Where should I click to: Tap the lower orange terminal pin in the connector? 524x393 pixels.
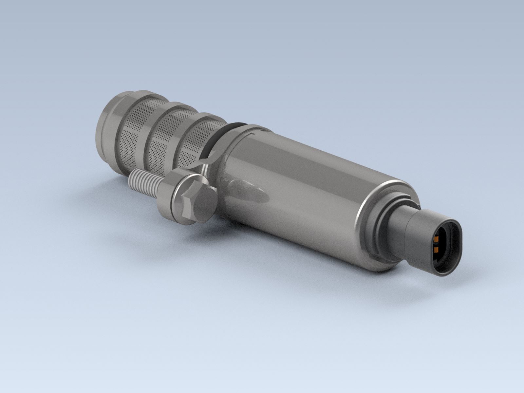[436, 251]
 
